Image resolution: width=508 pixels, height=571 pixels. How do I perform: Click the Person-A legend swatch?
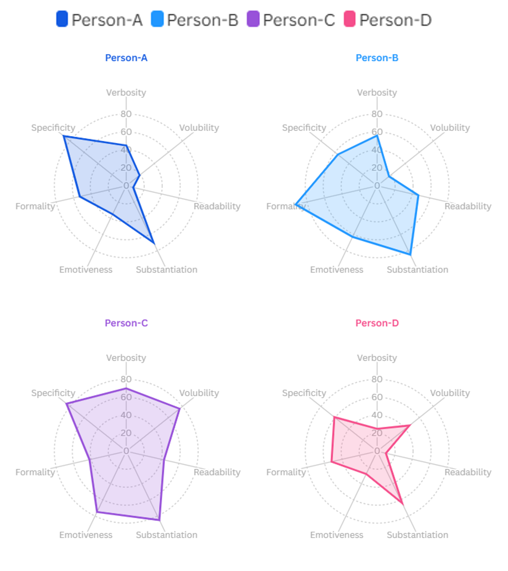click(62, 19)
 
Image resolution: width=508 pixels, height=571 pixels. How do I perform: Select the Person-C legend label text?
click(299, 20)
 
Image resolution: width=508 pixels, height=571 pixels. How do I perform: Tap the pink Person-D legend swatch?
click(349, 19)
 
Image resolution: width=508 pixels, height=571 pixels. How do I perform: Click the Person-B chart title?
click(377, 58)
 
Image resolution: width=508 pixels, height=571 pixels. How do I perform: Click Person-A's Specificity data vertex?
click(64, 136)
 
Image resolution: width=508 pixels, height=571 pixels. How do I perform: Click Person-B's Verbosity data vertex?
click(377, 136)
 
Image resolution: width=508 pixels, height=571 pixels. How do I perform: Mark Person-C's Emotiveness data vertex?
click(97, 512)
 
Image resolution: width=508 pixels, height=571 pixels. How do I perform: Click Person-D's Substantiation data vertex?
click(403, 504)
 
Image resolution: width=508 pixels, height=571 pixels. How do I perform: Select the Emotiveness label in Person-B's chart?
click(337, 269)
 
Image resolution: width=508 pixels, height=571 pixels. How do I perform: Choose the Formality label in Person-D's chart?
click(286, 472)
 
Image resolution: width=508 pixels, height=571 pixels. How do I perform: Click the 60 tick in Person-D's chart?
click(377, 397)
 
